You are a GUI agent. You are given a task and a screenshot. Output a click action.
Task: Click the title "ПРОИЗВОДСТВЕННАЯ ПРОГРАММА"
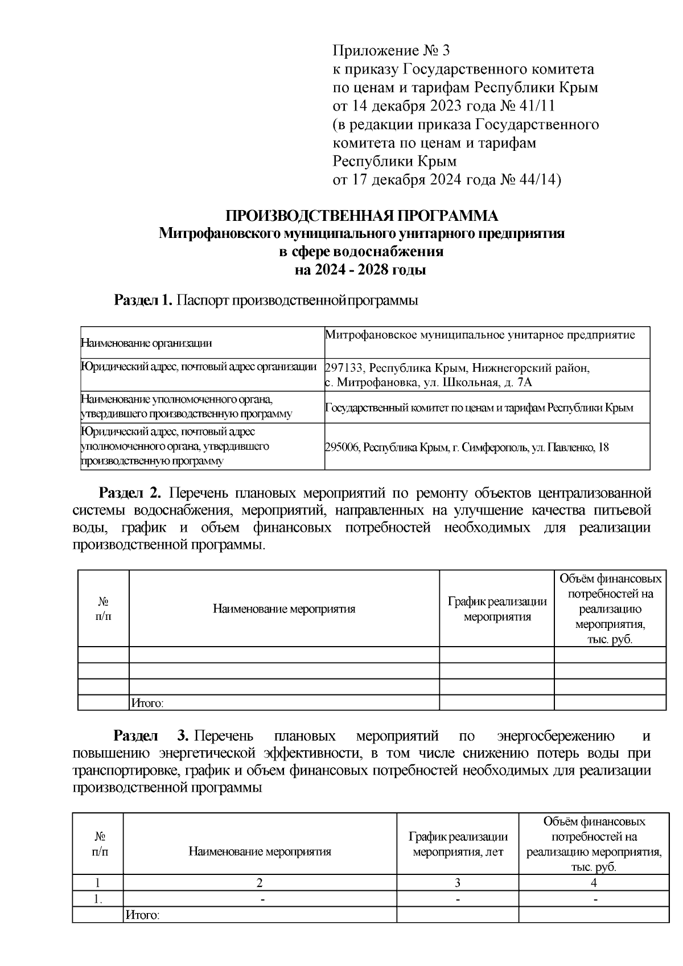pos(361,216)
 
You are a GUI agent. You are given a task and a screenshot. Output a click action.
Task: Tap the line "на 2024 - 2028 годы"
pos(360,270)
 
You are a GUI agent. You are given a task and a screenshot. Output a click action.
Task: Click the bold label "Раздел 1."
pos(143,300)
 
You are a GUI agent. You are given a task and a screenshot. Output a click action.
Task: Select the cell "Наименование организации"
pos(146,343)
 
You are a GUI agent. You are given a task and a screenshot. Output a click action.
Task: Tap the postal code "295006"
pos(342,447)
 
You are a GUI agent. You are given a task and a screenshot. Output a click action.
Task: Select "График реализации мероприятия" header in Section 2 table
pos(497,609)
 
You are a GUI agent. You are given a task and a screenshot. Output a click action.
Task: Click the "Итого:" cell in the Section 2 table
pos(147,704)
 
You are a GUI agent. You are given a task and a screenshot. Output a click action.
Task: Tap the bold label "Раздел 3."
pos(151,736)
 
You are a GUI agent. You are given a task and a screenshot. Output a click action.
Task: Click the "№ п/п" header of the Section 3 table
pos(100,844)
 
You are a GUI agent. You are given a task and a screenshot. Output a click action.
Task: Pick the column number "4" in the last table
pos(594,883)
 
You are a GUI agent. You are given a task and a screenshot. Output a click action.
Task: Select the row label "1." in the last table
pos(98,899)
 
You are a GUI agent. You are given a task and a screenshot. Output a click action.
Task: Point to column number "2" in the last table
pos(260,883)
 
